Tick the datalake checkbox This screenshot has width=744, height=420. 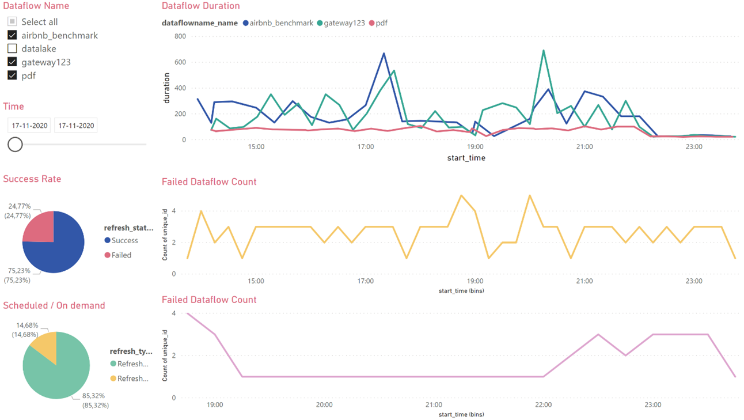(x=12, y=49)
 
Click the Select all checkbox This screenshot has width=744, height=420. (x=12, y=22)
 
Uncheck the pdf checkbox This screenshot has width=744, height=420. (x=12, y=75)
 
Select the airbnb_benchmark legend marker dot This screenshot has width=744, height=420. (x=246, y=23)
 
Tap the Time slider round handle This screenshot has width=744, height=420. (x=15, y=144)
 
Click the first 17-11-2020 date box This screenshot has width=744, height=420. (x=29, y=126)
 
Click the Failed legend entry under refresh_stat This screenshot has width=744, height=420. (x=121, y=255)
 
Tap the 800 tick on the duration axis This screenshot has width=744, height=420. (x=181, y=36)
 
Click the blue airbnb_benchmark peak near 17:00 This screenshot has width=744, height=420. (x=384, y=54)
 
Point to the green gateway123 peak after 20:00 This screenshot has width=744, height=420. (x=543, y=51)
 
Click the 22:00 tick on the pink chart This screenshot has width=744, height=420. (x=543, y=405)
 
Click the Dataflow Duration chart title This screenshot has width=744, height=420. (x=200, y=6)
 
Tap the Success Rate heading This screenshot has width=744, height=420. (x=32, y=179)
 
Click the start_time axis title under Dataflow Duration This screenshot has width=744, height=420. (x=466, y=158)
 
